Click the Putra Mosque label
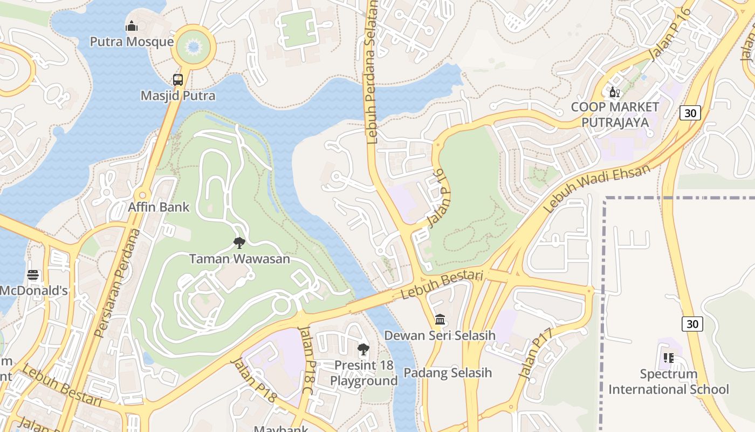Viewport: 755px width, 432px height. coord(132,42)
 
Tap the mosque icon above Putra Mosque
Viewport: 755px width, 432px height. coord(132,26)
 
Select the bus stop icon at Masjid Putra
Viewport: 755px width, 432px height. coord(178,80)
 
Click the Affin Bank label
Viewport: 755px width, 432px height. coord(159,207)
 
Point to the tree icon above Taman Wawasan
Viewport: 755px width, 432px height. coord(239,243)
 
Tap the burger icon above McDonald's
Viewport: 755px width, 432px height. coord(33,275)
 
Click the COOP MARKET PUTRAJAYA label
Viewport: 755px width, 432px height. coord(615,114)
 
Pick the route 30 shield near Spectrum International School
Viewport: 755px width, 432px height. coord(692,323)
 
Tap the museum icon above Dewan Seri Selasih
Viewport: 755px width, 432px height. coord(440,319)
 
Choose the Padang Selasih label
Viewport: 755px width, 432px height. coord(448,373)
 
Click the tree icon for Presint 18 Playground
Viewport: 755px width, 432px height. coord(363,349)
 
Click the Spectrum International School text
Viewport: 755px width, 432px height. coord(669,381)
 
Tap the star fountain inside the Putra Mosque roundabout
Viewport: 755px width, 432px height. coord(193,47)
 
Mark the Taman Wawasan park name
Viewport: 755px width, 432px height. coord(239,259)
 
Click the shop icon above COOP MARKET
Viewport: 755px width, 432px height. coord(614,92)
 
